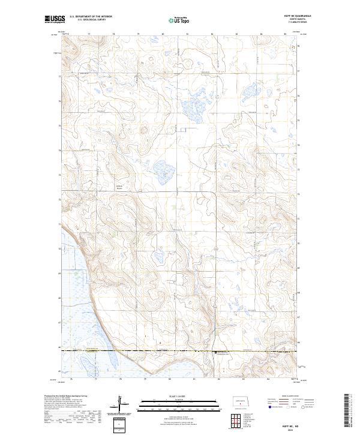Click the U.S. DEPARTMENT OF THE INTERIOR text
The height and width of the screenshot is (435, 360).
[x=91, y=16]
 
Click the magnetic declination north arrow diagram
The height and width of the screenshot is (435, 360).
[x=119, y=406]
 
